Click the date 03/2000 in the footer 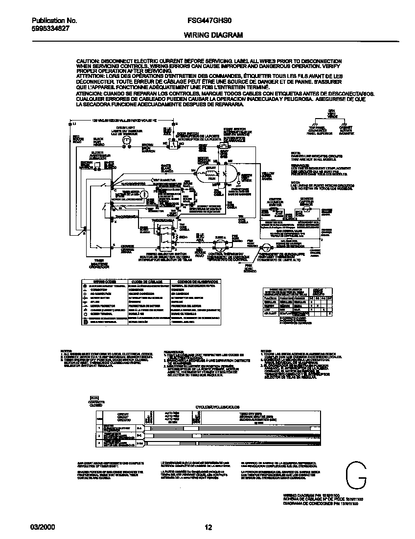tap(43, 527)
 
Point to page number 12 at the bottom tap(208, 527)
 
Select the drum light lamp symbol tap(126, 141)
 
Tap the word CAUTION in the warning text tap(88, 61)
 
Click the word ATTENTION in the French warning tap(90, 76)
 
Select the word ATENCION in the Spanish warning tap(89, 93)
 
